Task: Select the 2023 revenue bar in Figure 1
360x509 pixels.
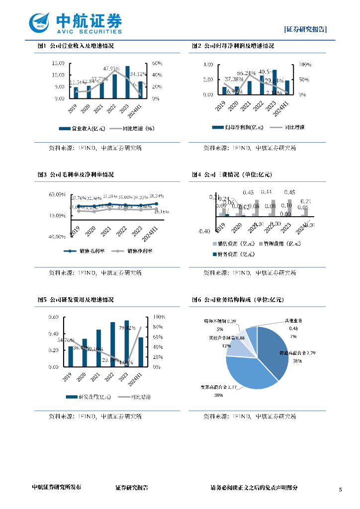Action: (128, 83)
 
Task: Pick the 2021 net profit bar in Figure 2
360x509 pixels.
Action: (249, 87)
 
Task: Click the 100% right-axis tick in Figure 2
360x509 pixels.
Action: (305, 65)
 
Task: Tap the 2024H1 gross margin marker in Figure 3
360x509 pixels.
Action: (156, 204)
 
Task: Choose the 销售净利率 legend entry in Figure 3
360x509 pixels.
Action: (133, 251)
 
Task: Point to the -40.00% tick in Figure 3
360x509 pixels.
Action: (57, 237)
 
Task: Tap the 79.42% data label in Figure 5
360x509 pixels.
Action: (127, 328)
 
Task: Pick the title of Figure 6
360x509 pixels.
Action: (237, 300)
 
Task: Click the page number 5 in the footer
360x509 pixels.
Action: (341, 490)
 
